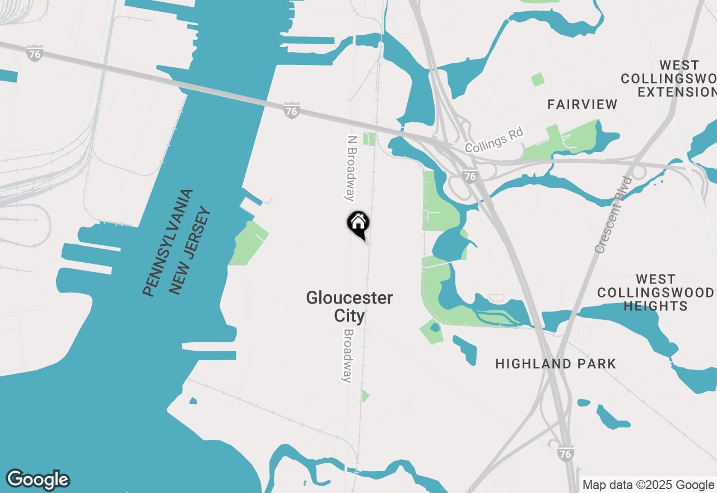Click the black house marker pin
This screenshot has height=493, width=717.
point(358,224)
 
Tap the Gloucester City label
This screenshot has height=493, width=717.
point(350,306)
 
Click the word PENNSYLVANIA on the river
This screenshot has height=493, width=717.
point(167,243)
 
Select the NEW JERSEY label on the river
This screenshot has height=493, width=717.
point(190,251)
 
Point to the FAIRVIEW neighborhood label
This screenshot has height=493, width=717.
point(583,104)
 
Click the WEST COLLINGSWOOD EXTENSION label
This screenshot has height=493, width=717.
point(668,78)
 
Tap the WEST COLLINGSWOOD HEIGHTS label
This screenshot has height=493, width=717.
point(655,292)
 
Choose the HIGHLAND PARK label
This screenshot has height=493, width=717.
point(556,364)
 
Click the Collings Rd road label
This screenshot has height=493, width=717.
point(494,141)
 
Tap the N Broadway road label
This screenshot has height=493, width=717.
point(351,168)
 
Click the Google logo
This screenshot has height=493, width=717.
point(38,480)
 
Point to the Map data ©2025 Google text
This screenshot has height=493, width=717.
point(648,485)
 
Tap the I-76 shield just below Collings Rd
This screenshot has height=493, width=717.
point(471,176)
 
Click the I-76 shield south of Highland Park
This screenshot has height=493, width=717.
point(566,453)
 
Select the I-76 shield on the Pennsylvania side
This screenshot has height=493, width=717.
point(35,54)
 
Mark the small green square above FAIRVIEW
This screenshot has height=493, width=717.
point(538,80)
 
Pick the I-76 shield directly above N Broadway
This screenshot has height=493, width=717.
point(291,110)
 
